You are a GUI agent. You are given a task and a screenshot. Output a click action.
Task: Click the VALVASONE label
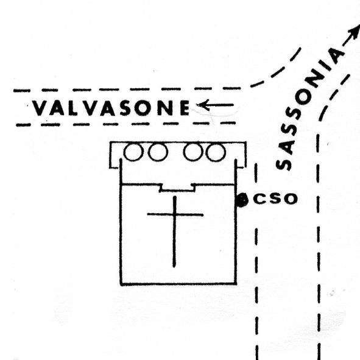[x=111, y=108]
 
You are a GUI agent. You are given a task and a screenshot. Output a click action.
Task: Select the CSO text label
[x=275, y=199]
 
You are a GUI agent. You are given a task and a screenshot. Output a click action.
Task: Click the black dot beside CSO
[x=242, y=200]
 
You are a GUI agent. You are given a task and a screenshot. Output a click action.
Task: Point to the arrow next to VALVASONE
[x=215, y=105]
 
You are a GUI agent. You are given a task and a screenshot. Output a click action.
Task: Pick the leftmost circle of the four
[x=133, y=152]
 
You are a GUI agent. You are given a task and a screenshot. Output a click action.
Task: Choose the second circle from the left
[x=158, y=152]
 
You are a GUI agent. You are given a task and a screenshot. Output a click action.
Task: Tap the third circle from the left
[x=193, y=152]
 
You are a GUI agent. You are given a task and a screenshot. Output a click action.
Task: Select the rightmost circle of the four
[x=216, y=152]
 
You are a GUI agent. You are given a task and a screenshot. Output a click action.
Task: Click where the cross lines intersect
[x=175, y=215]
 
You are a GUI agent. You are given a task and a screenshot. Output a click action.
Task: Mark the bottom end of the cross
[x=174, y=267]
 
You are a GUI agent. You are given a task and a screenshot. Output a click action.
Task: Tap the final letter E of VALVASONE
[x=185, y=108]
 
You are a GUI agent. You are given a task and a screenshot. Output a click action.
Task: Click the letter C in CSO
[x=259, y=199]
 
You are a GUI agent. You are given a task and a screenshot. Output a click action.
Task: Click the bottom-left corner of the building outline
[x=121, y=284]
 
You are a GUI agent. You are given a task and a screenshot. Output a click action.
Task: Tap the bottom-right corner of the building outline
[x=236, y=284]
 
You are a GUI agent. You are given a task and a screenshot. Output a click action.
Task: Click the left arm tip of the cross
[x=148, y=214]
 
